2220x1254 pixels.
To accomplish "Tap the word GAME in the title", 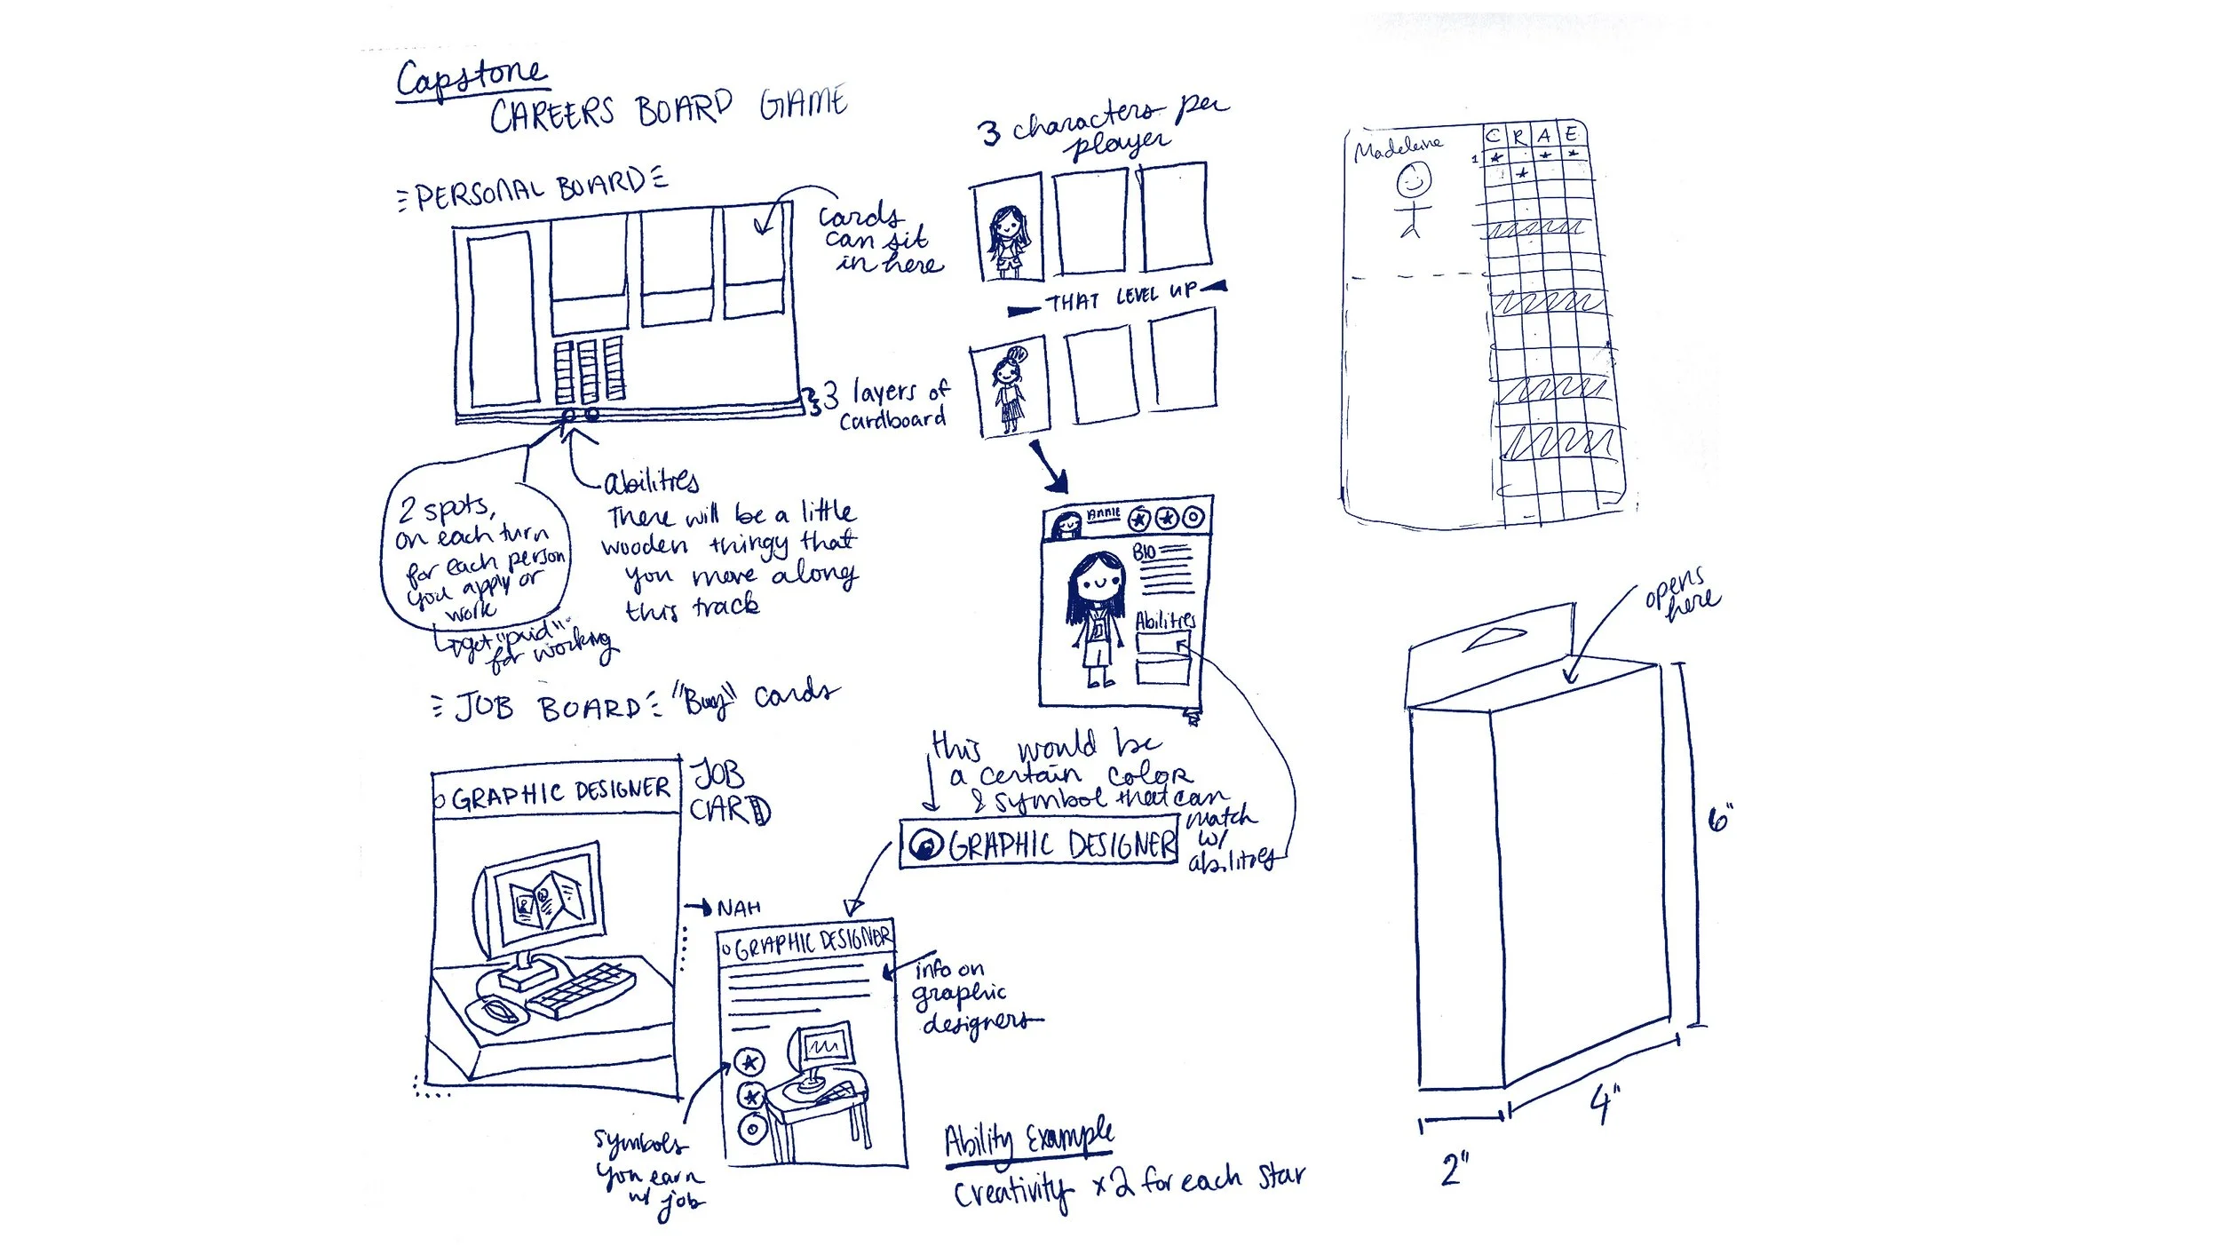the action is pos(803,105).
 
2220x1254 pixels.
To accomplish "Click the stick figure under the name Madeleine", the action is pos(1413,200).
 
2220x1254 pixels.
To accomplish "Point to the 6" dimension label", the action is pos(1720,818).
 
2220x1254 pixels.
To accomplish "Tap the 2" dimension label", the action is pos(1455,1170).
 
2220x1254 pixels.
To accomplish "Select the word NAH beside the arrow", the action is pos(739,908).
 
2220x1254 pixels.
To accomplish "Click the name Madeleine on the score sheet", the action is pos(1398,147).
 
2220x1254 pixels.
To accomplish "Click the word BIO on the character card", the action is pos(1145,552).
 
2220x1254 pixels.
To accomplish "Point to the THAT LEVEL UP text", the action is pos(1121,298).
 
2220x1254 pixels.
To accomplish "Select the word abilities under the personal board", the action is pos(651,482).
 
